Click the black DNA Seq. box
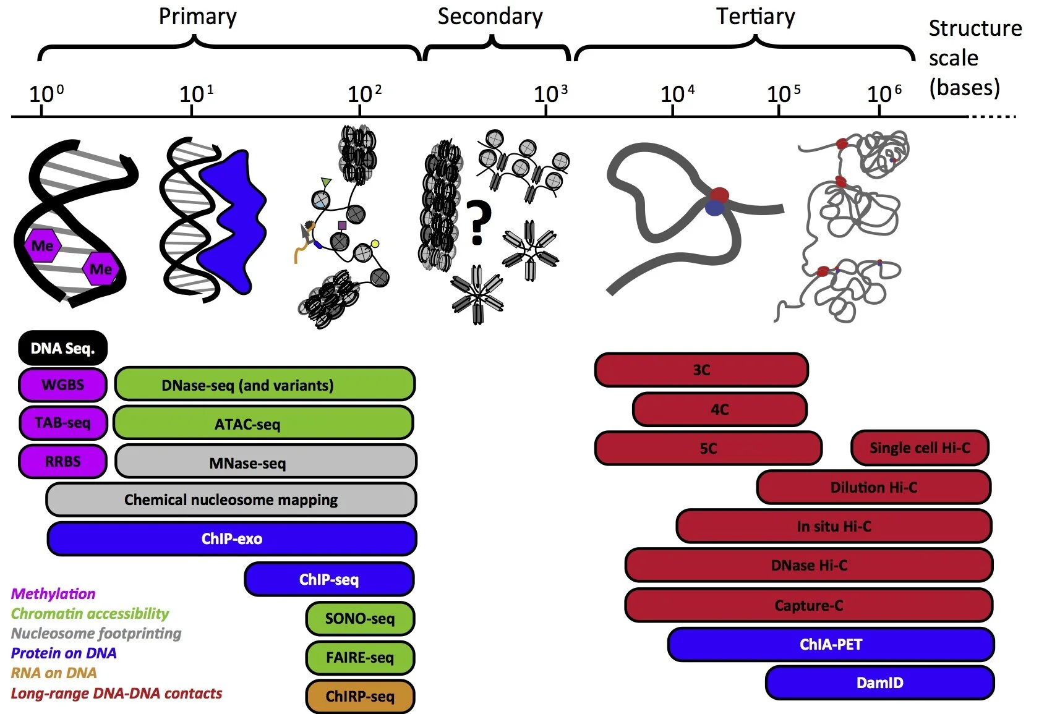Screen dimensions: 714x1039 pyautogui.click(x=62, y=348)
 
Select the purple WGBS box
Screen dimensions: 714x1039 pyautogui.click(x=62, y=385)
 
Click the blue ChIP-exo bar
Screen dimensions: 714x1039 pyautogui.click(x=232, y=538)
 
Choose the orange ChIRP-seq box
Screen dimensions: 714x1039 pyautogui.click(x=360, y=696)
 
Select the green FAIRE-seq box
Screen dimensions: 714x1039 pyautogui.click(x=360, y=657)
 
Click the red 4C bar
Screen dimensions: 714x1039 pyautogui.click(x=719, y=409)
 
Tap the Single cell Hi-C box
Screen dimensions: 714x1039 pyautogui.click(x=920, y=448)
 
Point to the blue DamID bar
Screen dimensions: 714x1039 pyautogui.click(x=879, y=682)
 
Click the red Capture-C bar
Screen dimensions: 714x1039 pyautogui.click(x=808, y=605)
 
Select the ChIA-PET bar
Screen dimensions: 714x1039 pyautogui.click(x=831, y=644)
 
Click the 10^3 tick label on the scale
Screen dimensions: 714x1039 pyautogui.click(x=550, y=94)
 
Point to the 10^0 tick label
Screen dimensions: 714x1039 pyautogui.click(x=46, y=94)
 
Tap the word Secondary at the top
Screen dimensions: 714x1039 pyautogui.click(x=490, y=17)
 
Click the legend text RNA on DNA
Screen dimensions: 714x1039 pyautogui.click(x=54, y=673)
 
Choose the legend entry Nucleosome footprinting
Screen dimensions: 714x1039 pyautogui.click(x=96, y=633)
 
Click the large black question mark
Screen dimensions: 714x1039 pyautogui.click(x=478, y=223)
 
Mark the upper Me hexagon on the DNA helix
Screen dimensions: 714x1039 pyautogui.click(x=42, y=245)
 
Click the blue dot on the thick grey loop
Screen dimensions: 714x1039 pyautogui.click(x=715, y=208)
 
